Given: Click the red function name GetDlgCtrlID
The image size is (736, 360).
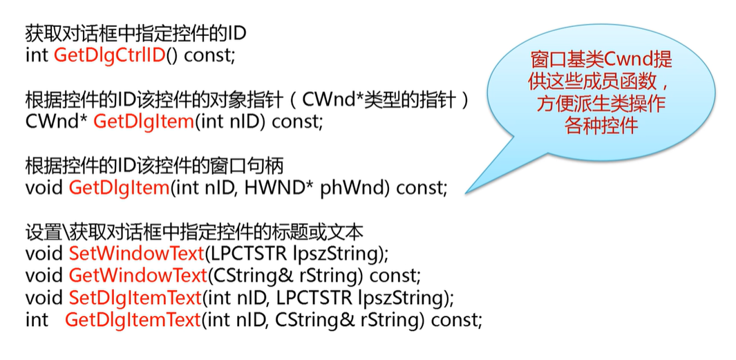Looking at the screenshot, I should click(x=110, y=56).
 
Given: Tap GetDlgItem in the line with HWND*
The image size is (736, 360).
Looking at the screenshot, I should click(x=119, y=187).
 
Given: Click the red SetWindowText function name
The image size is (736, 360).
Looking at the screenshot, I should click(x=136, y=254).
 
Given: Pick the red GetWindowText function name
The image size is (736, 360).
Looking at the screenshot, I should click(x=138, y=276).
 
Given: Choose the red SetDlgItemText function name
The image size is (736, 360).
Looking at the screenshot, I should click(x=135, y=298).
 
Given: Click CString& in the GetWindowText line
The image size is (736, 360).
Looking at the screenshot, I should click(x=252, y=276).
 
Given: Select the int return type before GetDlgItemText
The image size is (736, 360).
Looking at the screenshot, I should click(x=37, y=320).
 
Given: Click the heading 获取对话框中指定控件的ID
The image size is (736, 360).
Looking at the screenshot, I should click(x=135, y=34).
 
